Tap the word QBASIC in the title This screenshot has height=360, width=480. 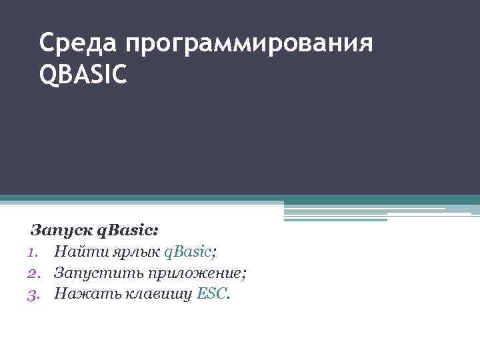click(x=83, y=75)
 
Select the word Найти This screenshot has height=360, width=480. click(x=75, y=252)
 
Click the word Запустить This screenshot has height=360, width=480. click(x=93, y=273)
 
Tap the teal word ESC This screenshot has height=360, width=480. click(x=212, y=293)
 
